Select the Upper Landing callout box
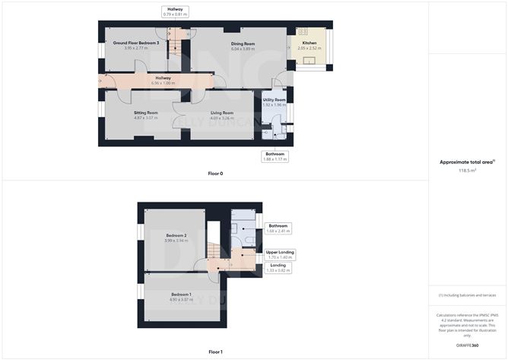281,254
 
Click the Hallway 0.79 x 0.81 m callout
175,11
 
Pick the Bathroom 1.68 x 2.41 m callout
278,228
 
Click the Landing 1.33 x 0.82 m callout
278,267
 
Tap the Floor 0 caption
215,174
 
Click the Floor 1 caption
215,352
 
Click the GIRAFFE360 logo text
466,346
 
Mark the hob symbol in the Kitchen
303,31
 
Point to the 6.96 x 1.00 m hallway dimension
163,82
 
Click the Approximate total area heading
466,162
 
